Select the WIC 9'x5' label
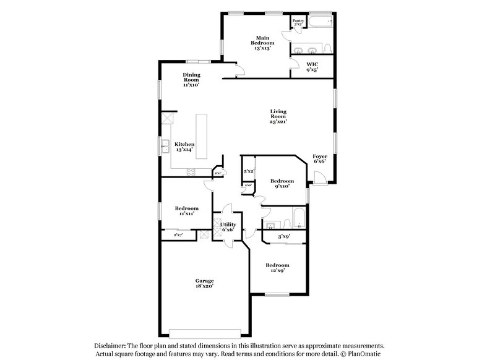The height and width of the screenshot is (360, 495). point(312,67)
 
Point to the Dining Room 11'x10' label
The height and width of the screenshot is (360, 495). point(191,80)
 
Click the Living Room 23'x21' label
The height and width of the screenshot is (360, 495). point(278,118)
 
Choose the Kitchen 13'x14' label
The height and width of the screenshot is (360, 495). point(184,147)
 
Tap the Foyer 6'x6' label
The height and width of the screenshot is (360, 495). point(320,159)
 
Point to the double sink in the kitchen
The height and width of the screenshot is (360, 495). point(165,147)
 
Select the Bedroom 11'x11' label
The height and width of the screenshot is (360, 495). point(186,211)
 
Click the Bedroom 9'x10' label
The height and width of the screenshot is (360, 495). point(282,184)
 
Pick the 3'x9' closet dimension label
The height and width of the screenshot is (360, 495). point(283,236)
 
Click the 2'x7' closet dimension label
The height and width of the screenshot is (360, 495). point(178,234)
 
